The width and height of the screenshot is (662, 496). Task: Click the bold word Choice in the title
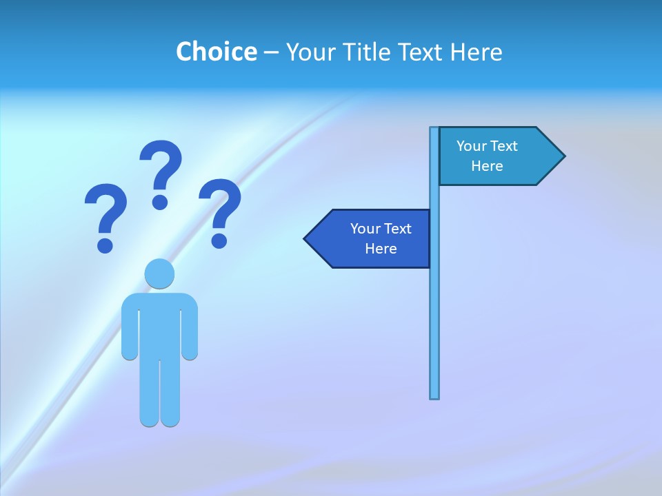point(216,52)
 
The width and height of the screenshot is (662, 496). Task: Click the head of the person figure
point(159,274)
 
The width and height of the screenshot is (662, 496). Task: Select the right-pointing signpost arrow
point(496,156)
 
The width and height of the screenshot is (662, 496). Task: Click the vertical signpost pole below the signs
point(434,331)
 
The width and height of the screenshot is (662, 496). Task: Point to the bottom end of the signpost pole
point(434,395)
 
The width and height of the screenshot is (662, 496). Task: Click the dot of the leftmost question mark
point(105,245)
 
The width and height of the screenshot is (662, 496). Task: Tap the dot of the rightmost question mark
point(219,240)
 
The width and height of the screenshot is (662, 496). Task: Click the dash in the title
point(271,52)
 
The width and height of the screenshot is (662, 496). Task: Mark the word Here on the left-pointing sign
point(381,249)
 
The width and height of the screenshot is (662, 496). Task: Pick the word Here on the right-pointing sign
point(487,166)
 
